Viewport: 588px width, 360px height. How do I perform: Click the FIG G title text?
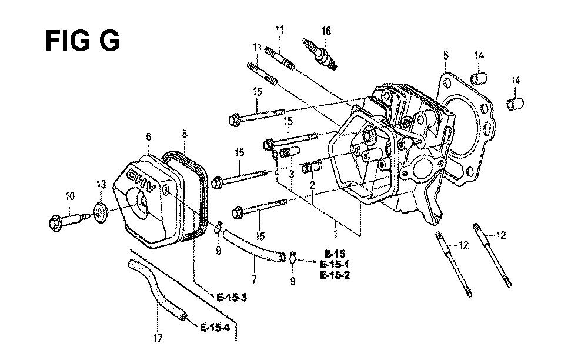(83, 41)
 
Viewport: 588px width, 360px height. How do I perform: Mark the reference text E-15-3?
(231, 296)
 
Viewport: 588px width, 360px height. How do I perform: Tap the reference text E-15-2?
(336, 275)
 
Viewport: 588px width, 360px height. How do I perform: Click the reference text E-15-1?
(336, 264)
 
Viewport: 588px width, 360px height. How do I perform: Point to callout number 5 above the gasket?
(446, 55)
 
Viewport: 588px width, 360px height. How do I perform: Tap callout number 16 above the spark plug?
(326, 30)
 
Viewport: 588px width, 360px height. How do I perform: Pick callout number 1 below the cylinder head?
(336, 234)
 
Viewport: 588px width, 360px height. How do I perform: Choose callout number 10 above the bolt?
(70, 196)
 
